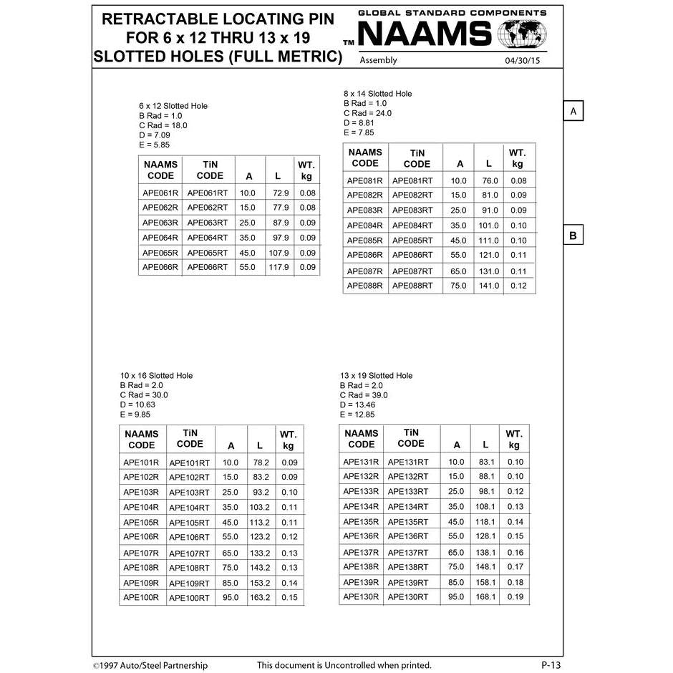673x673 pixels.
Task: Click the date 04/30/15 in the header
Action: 523,61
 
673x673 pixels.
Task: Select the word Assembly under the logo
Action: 378,60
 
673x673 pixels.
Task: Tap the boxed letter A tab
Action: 573,111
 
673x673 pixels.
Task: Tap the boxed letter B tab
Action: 573,236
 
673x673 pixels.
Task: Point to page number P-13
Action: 551,665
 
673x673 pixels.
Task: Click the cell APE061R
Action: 160,193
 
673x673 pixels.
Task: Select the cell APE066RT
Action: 208,267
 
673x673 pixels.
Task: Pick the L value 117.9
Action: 279,267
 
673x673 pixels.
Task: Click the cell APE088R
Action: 365,286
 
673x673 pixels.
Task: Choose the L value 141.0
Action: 489,286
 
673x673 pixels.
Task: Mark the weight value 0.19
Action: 515,596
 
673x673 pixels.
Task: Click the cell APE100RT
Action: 189,598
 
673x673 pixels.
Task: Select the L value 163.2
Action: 259,597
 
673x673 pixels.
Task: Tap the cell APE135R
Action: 361,522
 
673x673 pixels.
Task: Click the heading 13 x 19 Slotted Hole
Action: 376,376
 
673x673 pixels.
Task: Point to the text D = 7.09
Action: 155,135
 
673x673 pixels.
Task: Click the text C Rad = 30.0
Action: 144,395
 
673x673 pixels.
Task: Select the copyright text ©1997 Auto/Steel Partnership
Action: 150,665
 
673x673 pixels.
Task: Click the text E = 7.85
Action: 359,132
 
